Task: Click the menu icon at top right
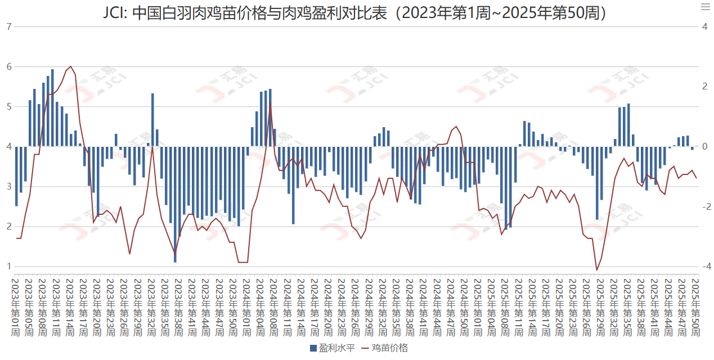coord(705,7)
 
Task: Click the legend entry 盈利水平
coord(332,348)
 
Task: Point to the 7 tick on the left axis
coord(8,26)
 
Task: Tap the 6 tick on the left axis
coord(8,66)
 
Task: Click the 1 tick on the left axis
coord(8,266)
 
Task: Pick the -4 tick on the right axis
coord(704,266)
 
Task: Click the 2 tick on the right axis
coord(703,87)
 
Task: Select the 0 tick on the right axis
coord(703,146)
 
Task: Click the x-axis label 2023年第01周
coord(16,307)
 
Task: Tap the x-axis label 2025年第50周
coord(696,307)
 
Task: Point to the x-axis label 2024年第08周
coord(270,307)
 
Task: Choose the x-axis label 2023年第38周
coord(175,307)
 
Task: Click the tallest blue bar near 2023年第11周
coord(52,107)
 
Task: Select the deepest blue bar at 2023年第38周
coord(175,204)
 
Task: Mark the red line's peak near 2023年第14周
coord(70,66)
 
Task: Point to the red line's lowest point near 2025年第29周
coord(597,270)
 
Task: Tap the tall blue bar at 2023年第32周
coord(152,119)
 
